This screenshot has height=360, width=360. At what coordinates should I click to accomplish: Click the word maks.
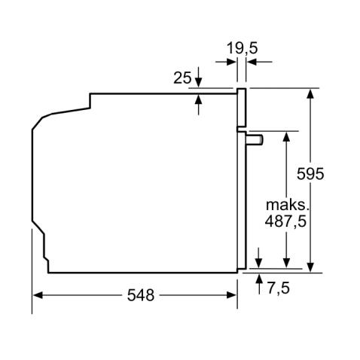[287, 204]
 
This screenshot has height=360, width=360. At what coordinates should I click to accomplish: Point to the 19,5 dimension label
[243, 48]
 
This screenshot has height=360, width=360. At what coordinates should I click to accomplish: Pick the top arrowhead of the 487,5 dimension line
[287, 136]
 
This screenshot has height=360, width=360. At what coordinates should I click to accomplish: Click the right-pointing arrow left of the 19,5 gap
[233, 63]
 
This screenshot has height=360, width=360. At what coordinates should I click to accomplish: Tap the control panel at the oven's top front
[242, 108]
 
